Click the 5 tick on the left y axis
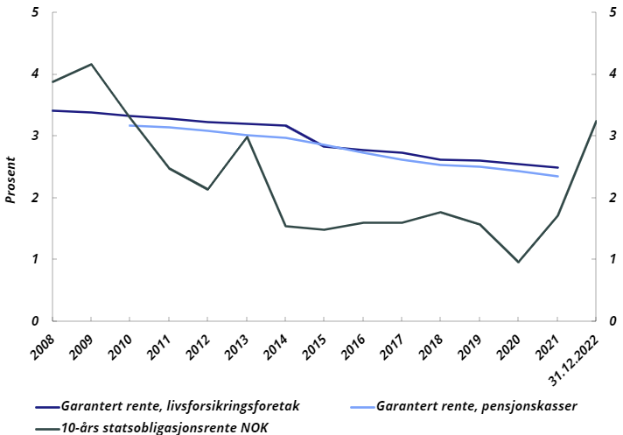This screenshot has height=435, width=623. (x=34, y=13)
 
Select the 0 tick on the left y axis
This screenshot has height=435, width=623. (x=34, y=320)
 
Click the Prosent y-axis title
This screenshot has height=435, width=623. (x=11, y=179)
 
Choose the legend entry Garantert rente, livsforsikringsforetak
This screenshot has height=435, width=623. (x=179, y=407)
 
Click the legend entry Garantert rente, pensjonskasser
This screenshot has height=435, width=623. (x=477, y=407)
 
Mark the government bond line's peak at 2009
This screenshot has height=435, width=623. (x=92, y=64)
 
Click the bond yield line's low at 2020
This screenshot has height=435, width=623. (x=517, y=262)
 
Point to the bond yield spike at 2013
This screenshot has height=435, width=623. (x=247, y=136)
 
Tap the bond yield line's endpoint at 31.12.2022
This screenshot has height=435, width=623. (x=595, y=122)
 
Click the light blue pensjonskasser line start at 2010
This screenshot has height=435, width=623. (x=130, y=125)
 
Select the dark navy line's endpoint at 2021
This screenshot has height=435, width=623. (x=556, y=167)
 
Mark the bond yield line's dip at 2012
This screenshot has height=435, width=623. (x=207, y=189)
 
